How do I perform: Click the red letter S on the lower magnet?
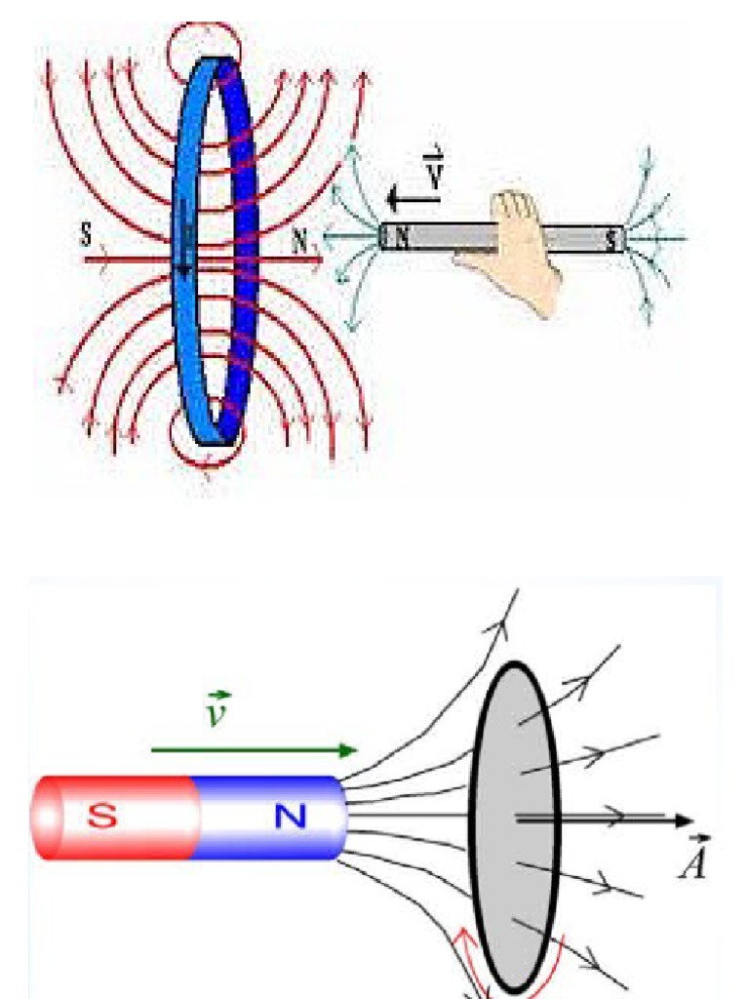pos(112,816)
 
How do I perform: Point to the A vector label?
pos(694,862)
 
